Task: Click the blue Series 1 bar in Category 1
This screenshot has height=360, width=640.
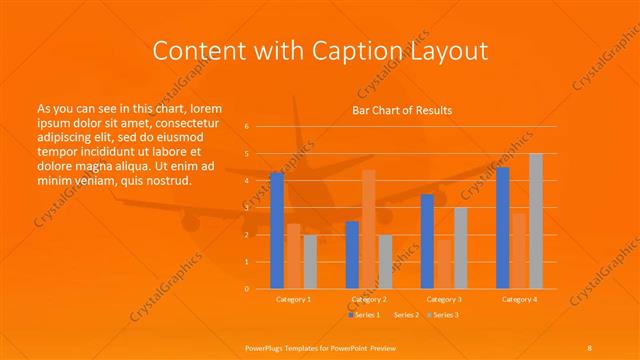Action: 277,231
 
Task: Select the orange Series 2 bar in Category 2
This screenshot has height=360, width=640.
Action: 369,229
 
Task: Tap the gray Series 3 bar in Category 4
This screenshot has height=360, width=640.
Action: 536,221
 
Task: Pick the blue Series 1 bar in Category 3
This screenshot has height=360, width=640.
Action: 427,241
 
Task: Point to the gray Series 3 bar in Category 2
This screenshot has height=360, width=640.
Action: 385,262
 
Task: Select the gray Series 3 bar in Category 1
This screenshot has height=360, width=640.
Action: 310,262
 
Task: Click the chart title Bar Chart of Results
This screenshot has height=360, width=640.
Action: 402,110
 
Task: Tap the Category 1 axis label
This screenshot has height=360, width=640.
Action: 293,299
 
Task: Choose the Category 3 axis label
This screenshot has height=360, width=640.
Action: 443,299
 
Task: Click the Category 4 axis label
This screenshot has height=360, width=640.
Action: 519,299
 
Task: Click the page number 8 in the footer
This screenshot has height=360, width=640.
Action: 590,346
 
